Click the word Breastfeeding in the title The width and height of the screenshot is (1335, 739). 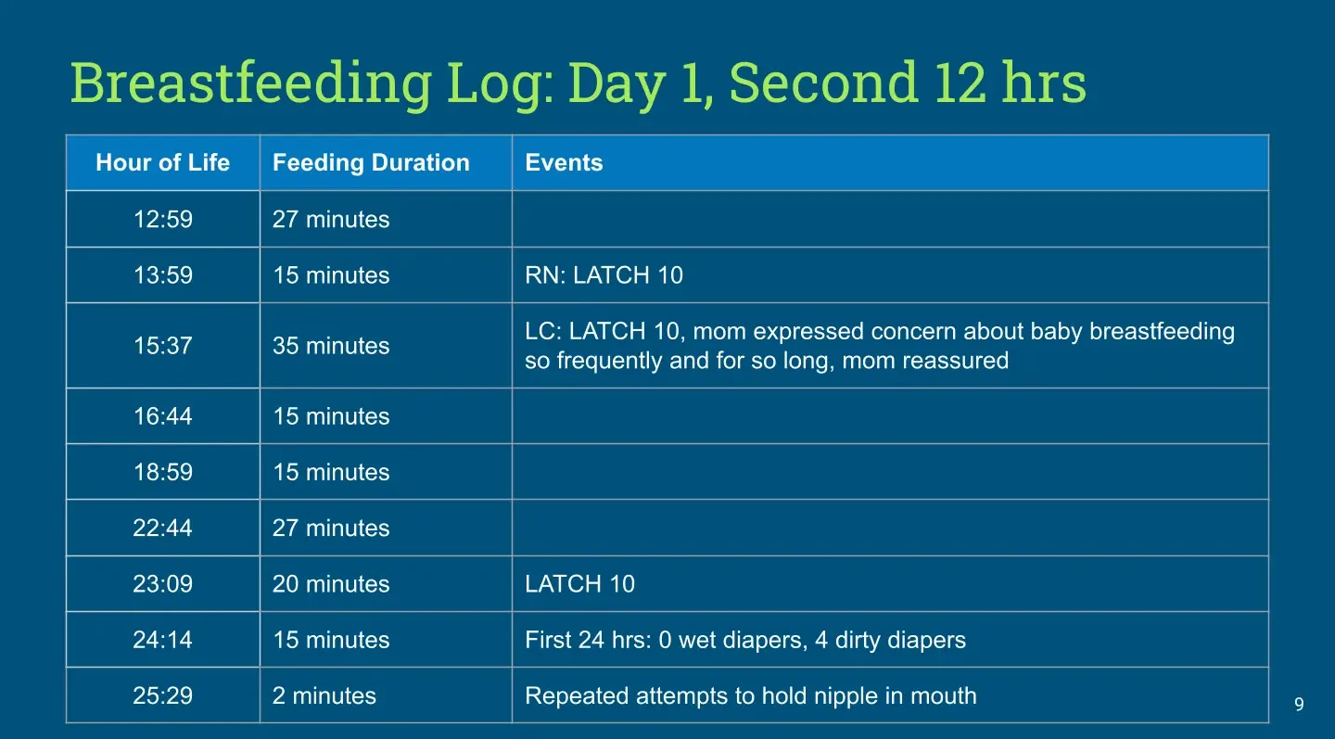[x=251, y=84]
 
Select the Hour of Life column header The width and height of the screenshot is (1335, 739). [x=163, y=162]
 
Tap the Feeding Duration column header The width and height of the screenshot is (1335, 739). [x=371, y=162]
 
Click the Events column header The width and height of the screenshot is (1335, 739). [x=564, y=162]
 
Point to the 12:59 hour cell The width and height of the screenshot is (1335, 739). [x=163, y=220]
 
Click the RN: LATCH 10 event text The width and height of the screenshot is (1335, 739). [x=604, y=275]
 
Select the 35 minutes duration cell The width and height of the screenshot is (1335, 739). [x=331, y=346]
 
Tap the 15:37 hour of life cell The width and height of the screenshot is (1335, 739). [x=163, y=346]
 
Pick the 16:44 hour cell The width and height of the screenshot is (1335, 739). [x=163, y=416]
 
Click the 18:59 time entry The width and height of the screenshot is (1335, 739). [x=163, y=472]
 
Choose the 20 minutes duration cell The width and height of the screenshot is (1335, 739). [x=331, y=584]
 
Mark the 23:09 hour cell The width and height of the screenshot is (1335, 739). [x=163, y=584]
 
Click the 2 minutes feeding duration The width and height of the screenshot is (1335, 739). [x=324, y=696]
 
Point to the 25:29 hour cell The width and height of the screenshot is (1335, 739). [x=163, y=696]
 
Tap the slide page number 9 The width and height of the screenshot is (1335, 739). [x=1299, y=705]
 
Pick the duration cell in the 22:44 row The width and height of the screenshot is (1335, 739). [x=331, y=528]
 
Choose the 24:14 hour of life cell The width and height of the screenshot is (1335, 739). [x=163, y=640]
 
